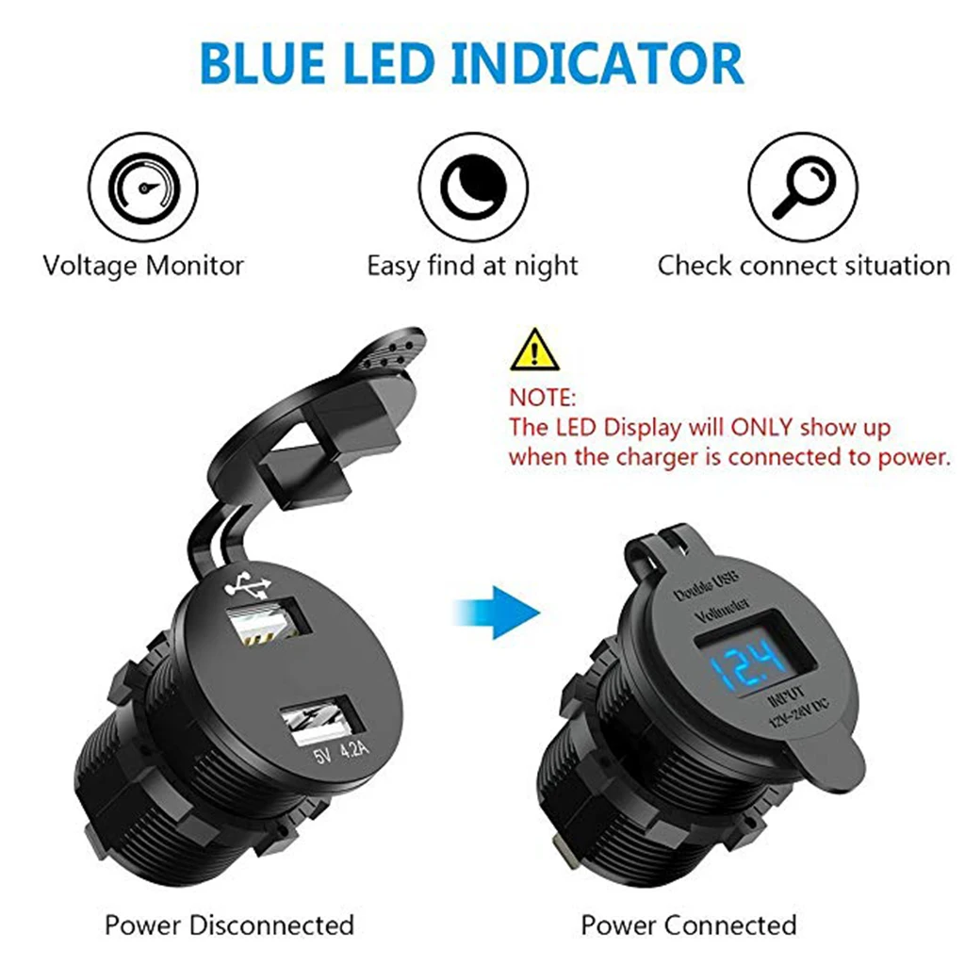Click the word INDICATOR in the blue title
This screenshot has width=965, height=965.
598,63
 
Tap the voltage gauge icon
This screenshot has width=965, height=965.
143,188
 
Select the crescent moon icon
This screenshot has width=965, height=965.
473,188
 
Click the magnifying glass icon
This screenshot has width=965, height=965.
803,188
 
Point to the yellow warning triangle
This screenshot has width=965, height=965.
534,350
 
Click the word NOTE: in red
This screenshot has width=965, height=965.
542,399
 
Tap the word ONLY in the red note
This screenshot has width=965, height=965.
761,427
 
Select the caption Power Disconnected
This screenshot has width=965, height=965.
230,924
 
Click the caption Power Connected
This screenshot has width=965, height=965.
689,924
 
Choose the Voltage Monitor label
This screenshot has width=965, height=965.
143,266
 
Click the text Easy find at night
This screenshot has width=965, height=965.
473,267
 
